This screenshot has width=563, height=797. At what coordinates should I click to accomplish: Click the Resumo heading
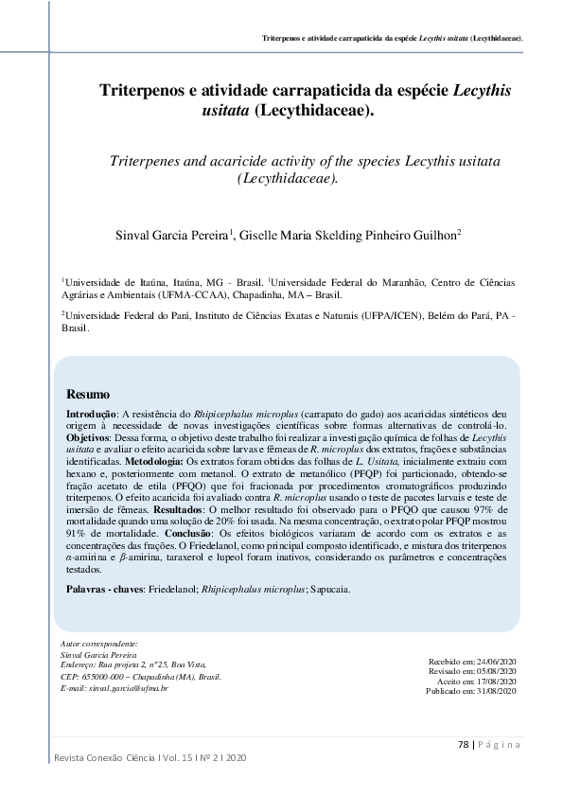click(x=88, y=394)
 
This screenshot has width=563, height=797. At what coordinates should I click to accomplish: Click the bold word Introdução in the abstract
click(x=90, y=416)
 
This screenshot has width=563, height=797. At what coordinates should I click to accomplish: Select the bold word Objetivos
click(x=87, y=439)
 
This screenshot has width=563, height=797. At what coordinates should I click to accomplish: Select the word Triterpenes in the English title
click(x=149, y=162)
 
